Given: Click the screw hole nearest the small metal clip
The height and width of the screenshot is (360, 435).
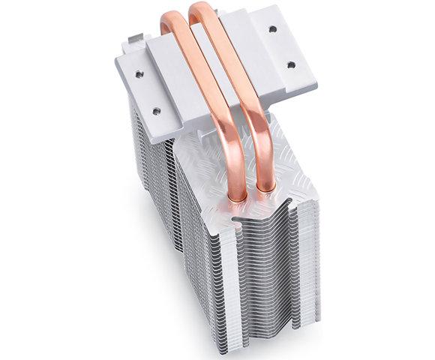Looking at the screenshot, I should (x=139, y=73).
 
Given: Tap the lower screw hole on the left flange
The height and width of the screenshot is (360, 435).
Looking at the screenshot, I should (x=156, y=110).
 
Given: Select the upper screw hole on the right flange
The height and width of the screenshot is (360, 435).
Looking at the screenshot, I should (x=271, y=28).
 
